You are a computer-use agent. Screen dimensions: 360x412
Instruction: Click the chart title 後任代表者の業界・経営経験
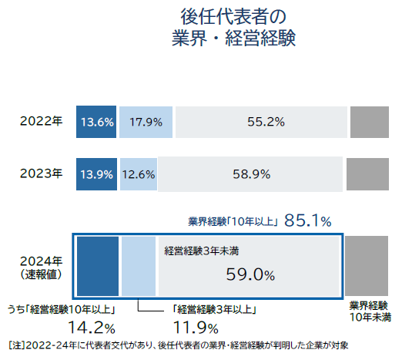(x=233, y=27)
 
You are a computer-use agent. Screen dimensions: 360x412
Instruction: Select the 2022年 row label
(x=42, y=122)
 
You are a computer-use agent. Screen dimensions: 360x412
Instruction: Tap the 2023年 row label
(x=42, y=173)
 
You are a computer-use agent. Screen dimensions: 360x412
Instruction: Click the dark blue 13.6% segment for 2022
(x=96, y=122)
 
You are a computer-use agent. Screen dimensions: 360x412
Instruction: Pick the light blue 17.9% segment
(x=146, y=122)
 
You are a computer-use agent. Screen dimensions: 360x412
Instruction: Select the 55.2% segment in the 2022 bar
(x=260, y=122)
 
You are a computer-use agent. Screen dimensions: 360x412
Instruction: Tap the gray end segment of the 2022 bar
(x=370, y=122)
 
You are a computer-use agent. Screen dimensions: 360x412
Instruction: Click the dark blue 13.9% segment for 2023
(x=96, y=173)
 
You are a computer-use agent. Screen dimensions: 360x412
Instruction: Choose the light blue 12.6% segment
(x=138, y=173)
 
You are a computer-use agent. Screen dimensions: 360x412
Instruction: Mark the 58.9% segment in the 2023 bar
(x=250, y=173)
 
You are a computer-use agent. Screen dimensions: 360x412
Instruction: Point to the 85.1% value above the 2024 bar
(x=308, y=221)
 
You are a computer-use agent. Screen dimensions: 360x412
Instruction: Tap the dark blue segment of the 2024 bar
(x=98, y=266)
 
